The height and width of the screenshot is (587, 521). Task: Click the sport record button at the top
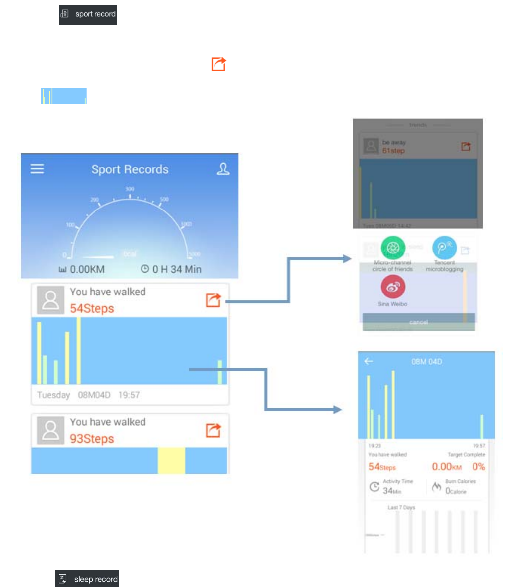[88, 14]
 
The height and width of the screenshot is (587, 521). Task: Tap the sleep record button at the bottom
[87, 579]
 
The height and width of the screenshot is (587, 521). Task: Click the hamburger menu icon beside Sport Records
[38, 169]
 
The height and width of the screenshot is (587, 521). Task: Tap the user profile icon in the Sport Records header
[223, 169]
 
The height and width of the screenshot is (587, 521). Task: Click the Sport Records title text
[130, 169]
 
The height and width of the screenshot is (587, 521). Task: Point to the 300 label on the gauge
[130, 189]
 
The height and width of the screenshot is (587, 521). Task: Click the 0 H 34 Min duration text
[171, 269]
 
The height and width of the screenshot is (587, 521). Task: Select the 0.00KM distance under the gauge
[82, 269]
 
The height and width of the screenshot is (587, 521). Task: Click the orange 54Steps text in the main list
[92, 309]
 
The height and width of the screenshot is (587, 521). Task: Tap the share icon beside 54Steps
[213, 300]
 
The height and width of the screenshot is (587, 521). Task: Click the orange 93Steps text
[92, 439]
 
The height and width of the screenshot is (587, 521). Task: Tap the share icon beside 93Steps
[213, 430]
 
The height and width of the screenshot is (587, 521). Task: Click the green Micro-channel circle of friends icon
[393, 247]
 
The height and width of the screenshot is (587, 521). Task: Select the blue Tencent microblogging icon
[445, 248]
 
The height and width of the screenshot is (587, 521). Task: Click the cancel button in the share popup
[419, 322]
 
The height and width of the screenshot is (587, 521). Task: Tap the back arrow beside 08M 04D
[369, 361]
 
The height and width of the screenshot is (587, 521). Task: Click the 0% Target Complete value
[478, 467]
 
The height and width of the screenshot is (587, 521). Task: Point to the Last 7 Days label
[401, 507]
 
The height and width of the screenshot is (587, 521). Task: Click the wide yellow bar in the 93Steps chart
[171, 461]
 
